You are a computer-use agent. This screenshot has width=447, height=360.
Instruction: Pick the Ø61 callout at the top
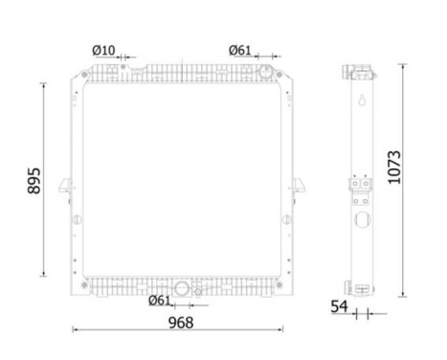(x=240, y=51)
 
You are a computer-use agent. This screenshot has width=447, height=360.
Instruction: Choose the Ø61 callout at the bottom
(x=160, y=301)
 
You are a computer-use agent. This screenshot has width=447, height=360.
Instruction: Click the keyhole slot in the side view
(x=361, y=101)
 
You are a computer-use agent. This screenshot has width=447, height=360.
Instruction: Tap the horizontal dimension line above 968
(x=178, y=331)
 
